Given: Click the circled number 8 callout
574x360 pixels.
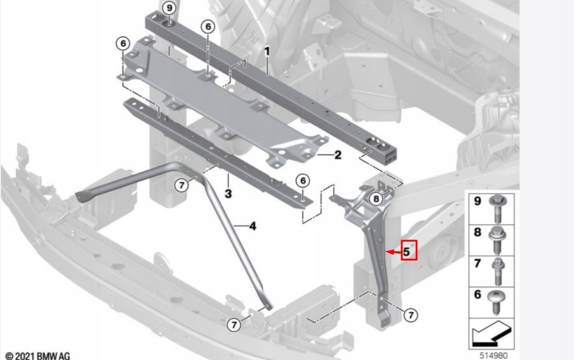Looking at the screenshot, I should point(376,198).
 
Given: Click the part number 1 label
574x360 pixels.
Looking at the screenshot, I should point(267,52).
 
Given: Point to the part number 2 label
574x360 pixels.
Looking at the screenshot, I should point(337,155).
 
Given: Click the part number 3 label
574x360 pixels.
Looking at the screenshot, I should point(228,194).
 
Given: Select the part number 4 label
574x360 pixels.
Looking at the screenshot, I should point(252,227).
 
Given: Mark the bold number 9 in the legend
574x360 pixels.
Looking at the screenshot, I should point(478,201).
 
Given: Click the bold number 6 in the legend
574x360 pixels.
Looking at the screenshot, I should point(478,294).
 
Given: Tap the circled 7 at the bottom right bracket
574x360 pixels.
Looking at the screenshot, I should point(411,316).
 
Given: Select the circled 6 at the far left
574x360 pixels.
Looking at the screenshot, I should point(123,43).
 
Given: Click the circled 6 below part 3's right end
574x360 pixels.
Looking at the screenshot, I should point(302,181).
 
